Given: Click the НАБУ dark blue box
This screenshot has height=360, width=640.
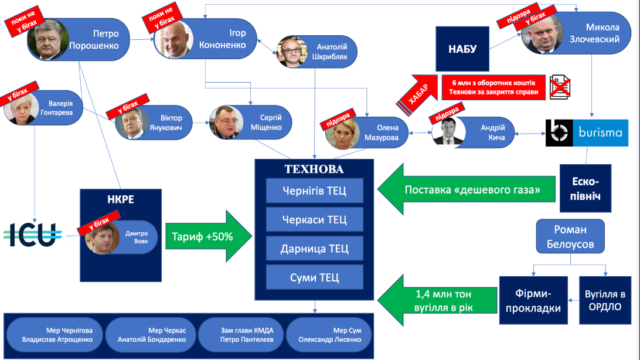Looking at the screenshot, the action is pyautogui.click(x=462, y=49).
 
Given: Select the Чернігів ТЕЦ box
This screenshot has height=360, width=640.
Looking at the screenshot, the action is pyautogui.click(x=314, y=191).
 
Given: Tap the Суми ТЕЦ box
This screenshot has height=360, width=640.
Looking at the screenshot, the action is pyautogui.click(x=314, y=277).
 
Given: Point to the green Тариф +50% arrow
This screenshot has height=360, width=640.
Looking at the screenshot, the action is pyautogui.click(x=209, y=236).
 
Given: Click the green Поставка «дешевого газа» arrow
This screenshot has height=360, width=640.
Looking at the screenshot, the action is pyautogui.click(x=466, y=189).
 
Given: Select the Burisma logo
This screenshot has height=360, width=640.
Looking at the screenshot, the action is pyautogui.click(x=587, y=133).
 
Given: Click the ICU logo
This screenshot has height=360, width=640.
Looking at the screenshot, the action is pyautogui.click(x=33, y=235).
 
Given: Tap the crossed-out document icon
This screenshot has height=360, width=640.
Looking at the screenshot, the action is pyautogui.click(x=560, y=87).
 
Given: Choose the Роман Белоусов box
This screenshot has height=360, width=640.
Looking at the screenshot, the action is pyautogui.click(x=570, y=236).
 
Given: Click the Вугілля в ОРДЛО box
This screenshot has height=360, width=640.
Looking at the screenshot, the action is pyautogui.click(x=605, y=300).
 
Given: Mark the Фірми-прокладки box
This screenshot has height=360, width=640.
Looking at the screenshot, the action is pyautogui.click(x=533, y=300).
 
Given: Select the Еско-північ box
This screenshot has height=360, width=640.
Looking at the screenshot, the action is pyautogui.click(x=585, y=188).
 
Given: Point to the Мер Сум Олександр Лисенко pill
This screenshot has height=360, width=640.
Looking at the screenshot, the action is pyautogui.click(x=329, y=335).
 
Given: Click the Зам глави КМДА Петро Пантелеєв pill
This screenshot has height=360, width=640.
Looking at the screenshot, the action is pyautogui.click(x=241, y=335).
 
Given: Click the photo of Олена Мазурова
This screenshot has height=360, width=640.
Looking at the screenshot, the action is pyautogui.click(x=342, y=133).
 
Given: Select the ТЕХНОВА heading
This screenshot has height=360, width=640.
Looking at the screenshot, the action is pyautogui.click(x=314, y=169).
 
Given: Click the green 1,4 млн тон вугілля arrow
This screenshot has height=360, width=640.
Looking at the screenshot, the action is pyautogui.click(x=437, y=300).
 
